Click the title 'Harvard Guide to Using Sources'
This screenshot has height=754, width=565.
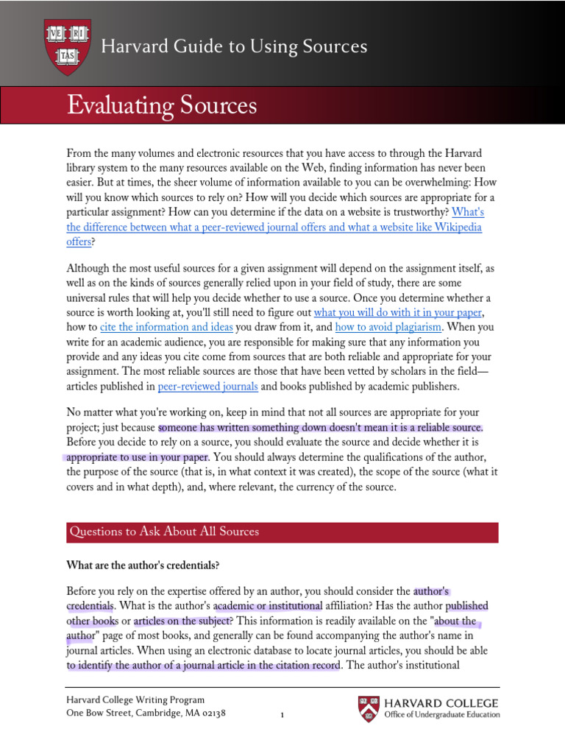pyautogui.click(x=234, y=47)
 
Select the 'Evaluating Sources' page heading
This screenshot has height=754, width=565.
pyautogui.click(x=162, y=106)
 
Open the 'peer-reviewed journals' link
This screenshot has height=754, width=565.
pyautogui.click(x=207, y=386)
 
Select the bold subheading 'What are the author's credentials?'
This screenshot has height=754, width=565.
pyautogui.click(x=143, y=565)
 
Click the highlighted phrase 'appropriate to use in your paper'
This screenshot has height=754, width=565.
pyautogui.click(x=138, y=457)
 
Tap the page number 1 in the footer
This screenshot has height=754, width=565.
pyautogui.click(x=282, y=714)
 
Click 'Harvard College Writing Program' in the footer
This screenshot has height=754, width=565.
pyautogui.click(x=135, y=700)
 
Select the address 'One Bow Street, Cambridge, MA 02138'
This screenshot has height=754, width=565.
pyautogui.click(x=146, y=714)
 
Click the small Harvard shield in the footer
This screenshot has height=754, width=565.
pyautogui.click(x=369, y=708)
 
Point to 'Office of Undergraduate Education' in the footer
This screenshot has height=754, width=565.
pyautogui.click(x=441, y=714)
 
